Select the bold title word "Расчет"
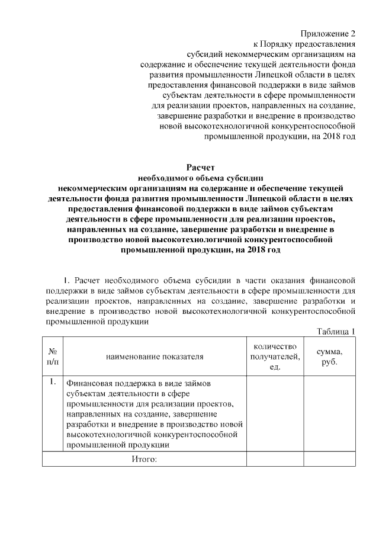click(x=200, y=167)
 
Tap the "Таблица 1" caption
click(x=336, y=331)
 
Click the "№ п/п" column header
click(x=52, y=356)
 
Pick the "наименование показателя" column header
click(x=155, y=357)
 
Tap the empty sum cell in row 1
click(x=329, y=413)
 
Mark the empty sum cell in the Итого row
click(x=329, y=459)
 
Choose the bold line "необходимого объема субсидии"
click(x=200, y=178)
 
